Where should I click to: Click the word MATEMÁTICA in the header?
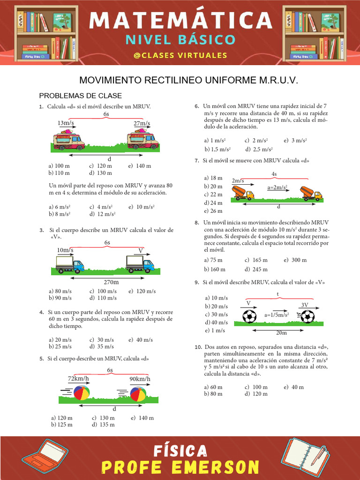(x=180, y=20)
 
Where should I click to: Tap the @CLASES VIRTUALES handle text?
(x=180, y=55)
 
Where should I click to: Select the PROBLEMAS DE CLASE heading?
(x=80, y=96)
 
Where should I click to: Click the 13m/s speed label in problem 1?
(x=66, y=123)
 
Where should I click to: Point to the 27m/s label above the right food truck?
(x=142, y=124)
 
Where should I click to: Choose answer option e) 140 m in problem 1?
(x=140, y=166)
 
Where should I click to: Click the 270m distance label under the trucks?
(x=111, y=282)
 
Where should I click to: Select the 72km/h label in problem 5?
(x=78, y=378)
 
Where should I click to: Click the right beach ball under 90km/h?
(x=138, y=394)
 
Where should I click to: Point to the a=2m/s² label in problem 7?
(x=277, y=187)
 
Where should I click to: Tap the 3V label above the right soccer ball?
(x=305, y=304)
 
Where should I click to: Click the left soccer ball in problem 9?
(x=250, y=316)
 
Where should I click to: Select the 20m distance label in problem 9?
(x=281, y=333)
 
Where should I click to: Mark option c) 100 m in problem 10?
(x=256, y=387)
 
